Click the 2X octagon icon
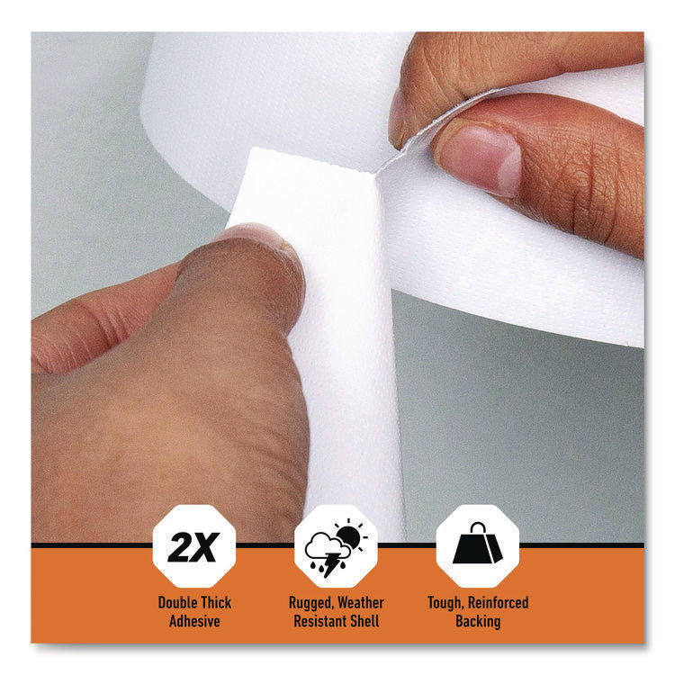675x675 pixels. point(194,545)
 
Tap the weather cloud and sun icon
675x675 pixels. point(337,546)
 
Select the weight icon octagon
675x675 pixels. point(477,545)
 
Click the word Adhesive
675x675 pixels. point(194,621)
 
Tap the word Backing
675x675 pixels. point(477,621)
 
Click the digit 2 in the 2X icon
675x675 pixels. point(180,547)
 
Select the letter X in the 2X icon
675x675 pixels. point(208,547)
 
